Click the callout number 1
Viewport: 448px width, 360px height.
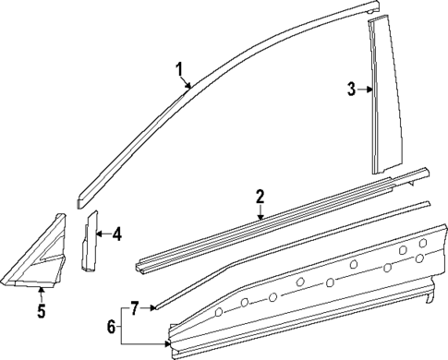180,69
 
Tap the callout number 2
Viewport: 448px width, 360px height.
260,196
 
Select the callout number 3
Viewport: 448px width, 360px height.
351,90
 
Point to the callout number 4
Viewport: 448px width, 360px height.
117,234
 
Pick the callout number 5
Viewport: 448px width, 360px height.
42,310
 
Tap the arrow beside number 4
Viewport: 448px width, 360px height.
102,234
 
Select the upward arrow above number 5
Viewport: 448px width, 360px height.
42,292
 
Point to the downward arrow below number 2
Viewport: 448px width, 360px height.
261,214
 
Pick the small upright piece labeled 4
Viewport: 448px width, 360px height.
91,242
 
